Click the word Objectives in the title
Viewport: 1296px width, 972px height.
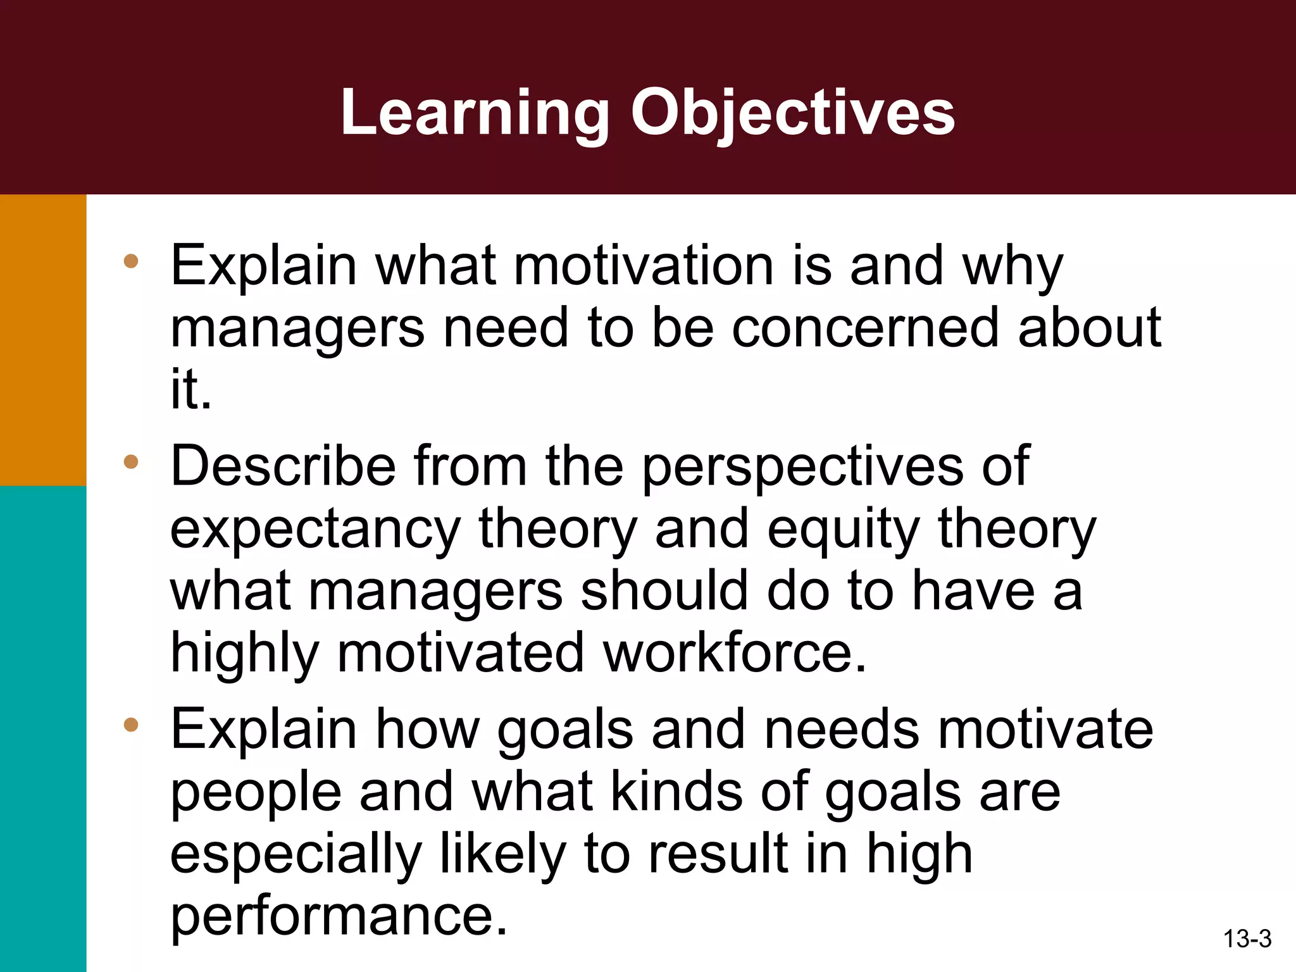coord(792,113)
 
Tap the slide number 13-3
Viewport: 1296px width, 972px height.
coord(1247,938)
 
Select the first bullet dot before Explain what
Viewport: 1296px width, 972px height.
coord(131,261)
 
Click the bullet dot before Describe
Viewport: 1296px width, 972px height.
coord(131,461)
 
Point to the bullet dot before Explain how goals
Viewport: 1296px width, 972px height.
coord(131,725)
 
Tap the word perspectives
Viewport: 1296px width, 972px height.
coord(802,467)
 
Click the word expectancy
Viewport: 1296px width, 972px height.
coord(315,530)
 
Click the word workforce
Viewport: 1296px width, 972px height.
coord(734,653)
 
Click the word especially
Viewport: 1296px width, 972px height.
coord(296,854)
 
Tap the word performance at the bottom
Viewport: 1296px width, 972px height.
coord(339,916)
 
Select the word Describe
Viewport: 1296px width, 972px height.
coord(283,466)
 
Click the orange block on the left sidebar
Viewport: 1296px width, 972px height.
coord(42,340)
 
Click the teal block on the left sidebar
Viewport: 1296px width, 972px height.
coord(42,728)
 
